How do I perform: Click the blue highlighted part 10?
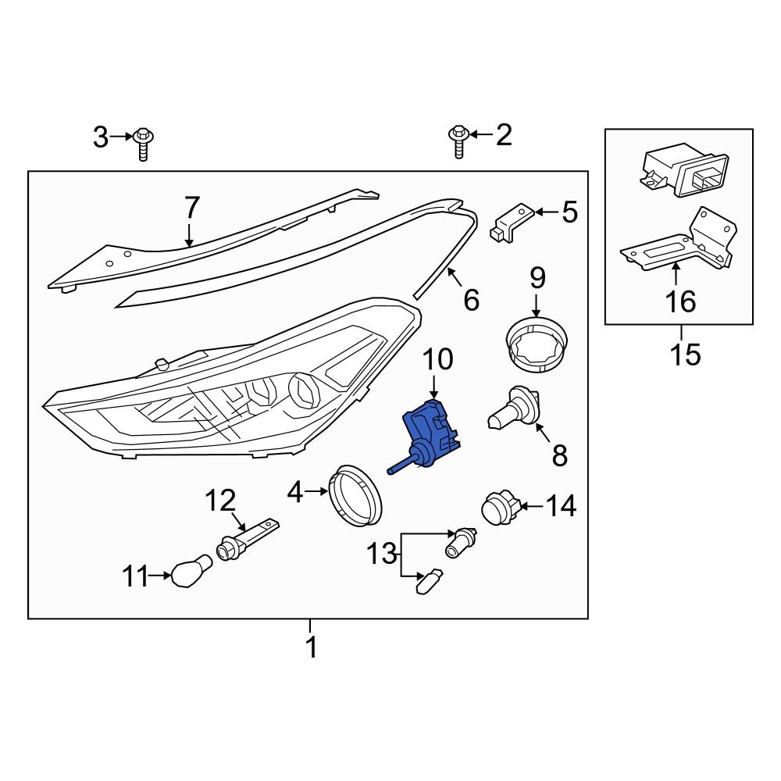pyautogui.click(x=432, y=434)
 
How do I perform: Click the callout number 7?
pyautogui.click(x=192, y=209)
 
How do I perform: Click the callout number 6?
pyautogui.click(x=471, y=299)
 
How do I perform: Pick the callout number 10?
pyautogui.click(x=437, y=359)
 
